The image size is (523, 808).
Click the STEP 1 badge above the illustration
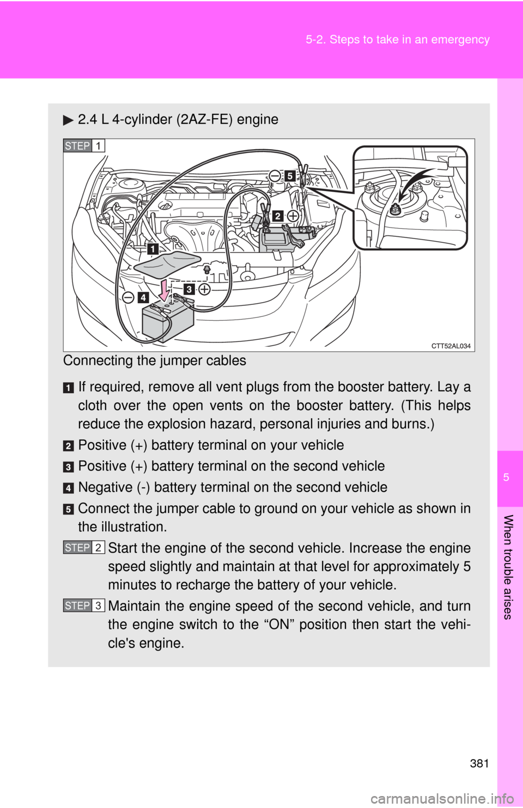(x=84, y=146)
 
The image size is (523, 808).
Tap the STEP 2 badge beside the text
(x=84, y=548)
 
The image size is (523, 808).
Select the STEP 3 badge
(x=84, y=606)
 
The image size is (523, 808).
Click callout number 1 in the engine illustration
(x=153, y=249)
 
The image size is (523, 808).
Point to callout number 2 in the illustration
(x=278, y=216)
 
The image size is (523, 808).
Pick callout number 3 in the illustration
(x=188, y=289)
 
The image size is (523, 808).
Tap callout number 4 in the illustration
(x=143, y=297)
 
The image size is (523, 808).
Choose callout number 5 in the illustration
(x=290, y=176)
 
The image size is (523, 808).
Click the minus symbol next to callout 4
(x=128, y=297)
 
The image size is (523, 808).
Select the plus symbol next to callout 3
(x=204, y=289)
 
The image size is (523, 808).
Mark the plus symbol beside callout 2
(x=293, y=216)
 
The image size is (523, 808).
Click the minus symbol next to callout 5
(x=275, y=175)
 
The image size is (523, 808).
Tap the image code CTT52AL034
(x=451, y=346)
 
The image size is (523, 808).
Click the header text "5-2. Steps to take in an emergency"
(x=397, y=40)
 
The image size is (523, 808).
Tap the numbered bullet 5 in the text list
(x=69, y=509)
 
